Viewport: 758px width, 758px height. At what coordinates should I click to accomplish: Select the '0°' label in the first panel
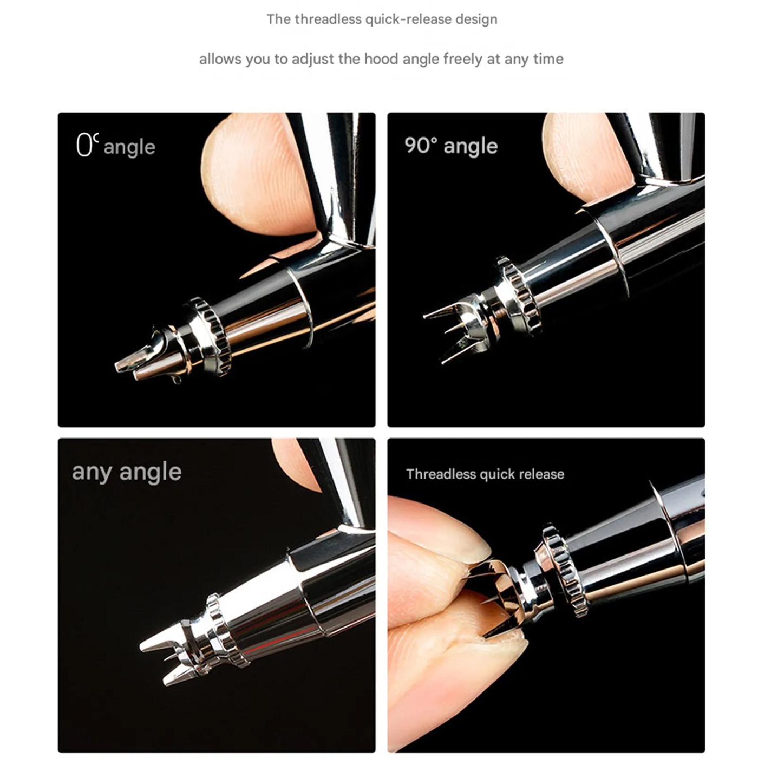tap(87, 145)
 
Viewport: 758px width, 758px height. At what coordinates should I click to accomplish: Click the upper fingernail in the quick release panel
tap(470, 545)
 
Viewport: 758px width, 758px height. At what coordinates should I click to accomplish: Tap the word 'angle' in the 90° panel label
tap(471, 146)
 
